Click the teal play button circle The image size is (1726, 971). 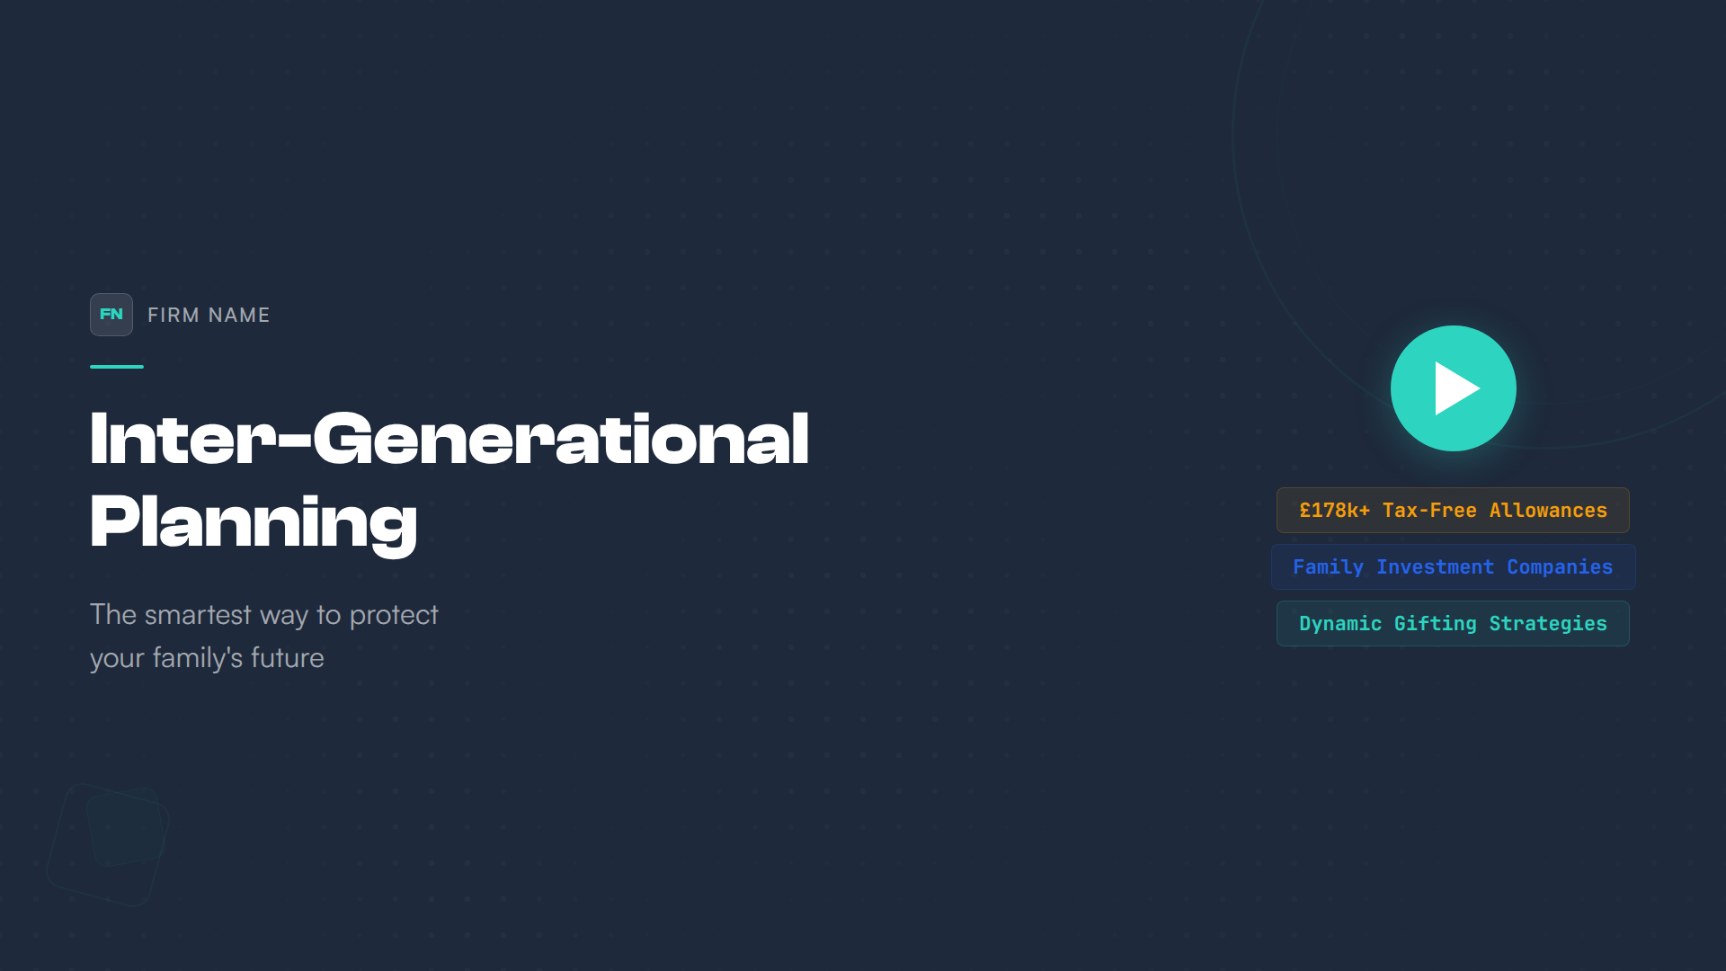point(1453,388)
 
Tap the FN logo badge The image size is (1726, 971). point(111,315)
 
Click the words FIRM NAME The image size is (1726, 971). point(209,315)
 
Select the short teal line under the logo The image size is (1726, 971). point(117,367)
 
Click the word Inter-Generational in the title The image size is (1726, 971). point(449,439)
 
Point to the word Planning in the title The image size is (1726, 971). point(254,523)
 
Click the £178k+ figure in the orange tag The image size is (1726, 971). point(1335,511)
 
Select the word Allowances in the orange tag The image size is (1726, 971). point(1548,511)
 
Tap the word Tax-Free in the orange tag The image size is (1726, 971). point(1429,511)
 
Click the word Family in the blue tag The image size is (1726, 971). point(1328,567)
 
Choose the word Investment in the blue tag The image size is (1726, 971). point(1435,567)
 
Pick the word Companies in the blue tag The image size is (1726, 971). point(1560,567)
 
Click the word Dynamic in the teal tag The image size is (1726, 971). point(1340,624)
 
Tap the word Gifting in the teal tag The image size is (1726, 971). point(1435,624)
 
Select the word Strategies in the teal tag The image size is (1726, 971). point(1548,624)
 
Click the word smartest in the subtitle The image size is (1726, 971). point(198,615)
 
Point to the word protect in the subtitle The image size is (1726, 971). point(394,616)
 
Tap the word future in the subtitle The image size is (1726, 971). point(288,658)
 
